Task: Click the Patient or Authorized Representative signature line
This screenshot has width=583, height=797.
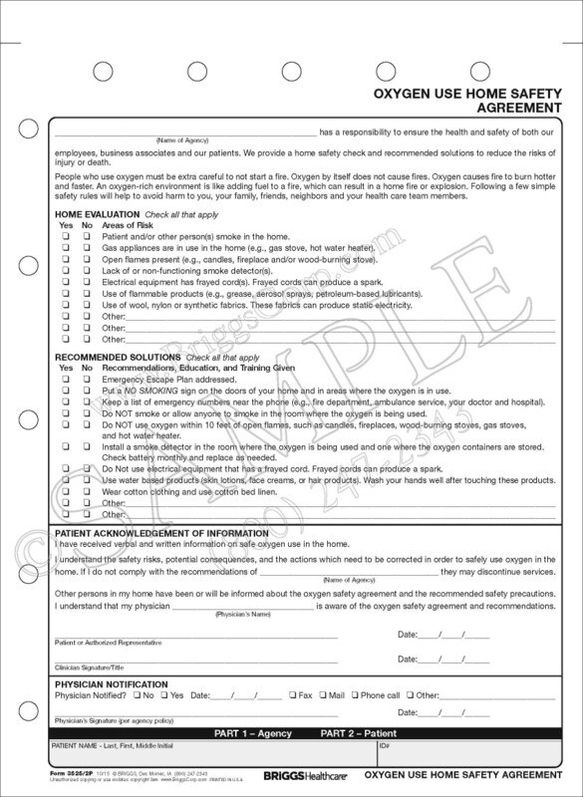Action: tap(194, 636)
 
